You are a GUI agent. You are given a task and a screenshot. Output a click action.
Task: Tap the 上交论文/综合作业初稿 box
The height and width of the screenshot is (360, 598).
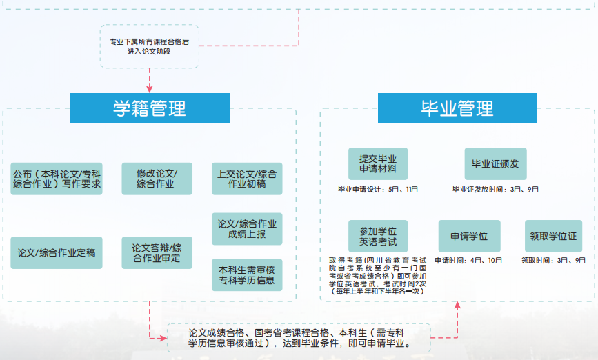pos(246,179)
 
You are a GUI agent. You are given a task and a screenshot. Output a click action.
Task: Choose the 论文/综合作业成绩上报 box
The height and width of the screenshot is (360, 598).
pos(246,229)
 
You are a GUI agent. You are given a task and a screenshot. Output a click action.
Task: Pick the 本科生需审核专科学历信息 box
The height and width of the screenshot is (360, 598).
pos(246,274)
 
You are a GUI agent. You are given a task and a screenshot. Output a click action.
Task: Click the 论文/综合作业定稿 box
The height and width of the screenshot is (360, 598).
pos(57,253)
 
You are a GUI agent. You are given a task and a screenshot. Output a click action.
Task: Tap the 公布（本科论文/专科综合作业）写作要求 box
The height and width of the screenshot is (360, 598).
pos(57,179)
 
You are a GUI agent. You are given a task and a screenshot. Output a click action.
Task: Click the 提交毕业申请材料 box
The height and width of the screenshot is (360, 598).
pos(377,164)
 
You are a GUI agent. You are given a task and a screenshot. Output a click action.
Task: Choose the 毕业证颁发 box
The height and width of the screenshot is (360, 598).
pos(495,164)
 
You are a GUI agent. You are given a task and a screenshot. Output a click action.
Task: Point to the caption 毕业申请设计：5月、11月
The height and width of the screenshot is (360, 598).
pos(377,189)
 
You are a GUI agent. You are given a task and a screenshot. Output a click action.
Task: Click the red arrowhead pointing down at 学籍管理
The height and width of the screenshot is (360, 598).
pos(149,89)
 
